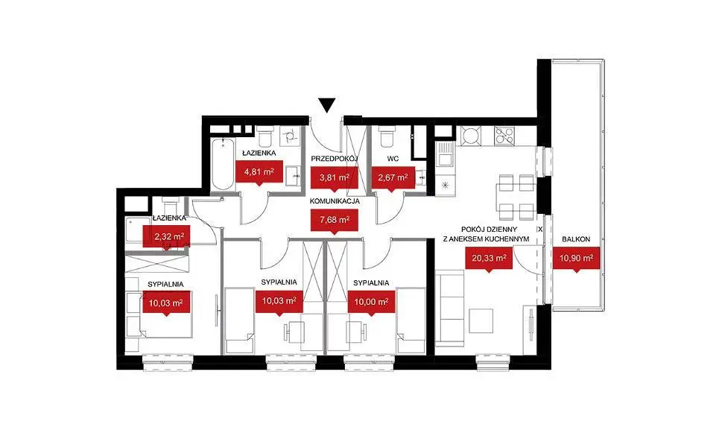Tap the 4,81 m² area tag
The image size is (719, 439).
coord(259,172)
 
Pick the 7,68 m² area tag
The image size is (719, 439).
coord(335,220)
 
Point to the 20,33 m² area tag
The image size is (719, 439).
coord(489,259)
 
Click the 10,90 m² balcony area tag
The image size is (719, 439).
coord(577,259)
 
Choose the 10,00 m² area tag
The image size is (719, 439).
coord(371,303)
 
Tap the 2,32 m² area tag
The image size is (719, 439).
coord(166,237)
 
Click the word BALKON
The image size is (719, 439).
coord(576,239)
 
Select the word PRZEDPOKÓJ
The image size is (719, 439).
coord(335,159)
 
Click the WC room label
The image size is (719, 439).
coord(393,159)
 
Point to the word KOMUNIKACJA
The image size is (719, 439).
coord(335,201)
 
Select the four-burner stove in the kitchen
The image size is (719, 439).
coord(504,135)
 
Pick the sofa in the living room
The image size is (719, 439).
coord(450,307)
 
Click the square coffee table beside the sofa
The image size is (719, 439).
coord(481,320)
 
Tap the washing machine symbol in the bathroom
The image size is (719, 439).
coord(290,136)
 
